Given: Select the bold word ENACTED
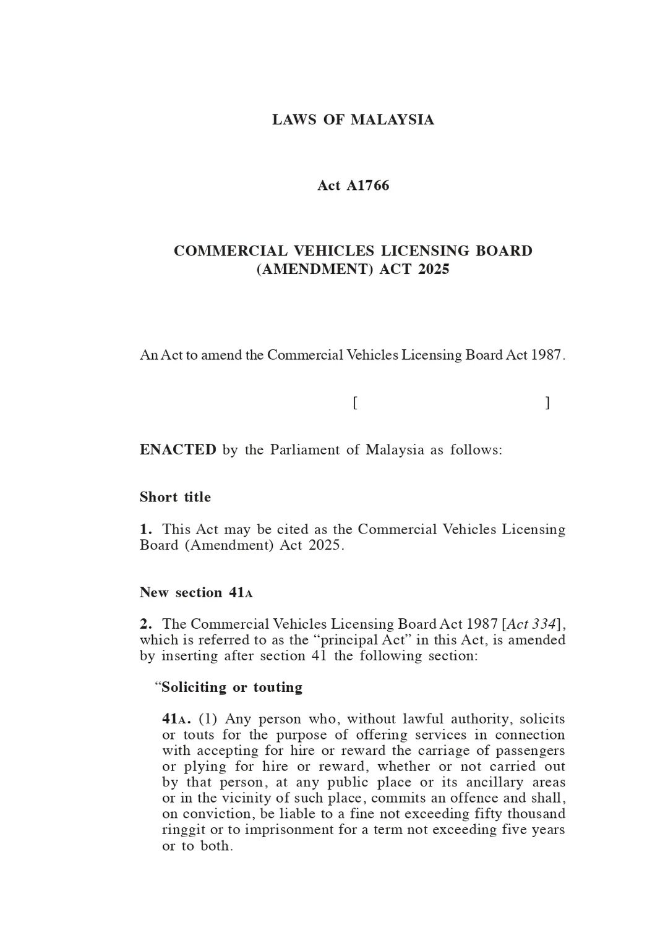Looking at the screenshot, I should tap(178, 449).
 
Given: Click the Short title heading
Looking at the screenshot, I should tap(175, 497).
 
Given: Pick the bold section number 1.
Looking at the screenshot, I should tap(145, 530).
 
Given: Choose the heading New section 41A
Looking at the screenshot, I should tap(196, 592).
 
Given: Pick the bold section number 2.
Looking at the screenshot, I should tap(146, 624).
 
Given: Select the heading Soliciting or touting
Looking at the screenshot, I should tap(231, 688).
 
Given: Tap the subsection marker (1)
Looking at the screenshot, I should tap(207, 719).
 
